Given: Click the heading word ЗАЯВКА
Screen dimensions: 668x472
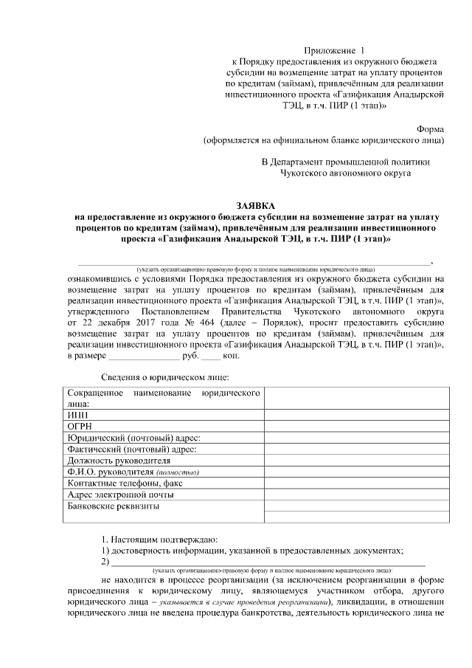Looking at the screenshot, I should coord(254,204).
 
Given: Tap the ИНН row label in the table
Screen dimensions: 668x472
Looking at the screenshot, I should coord(77,416).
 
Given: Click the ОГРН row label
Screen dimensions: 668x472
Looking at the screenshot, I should coord(80,427).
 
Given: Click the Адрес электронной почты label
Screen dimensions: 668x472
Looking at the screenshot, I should coord(120,494).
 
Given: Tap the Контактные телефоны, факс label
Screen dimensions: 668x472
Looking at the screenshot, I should coord(124,483).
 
